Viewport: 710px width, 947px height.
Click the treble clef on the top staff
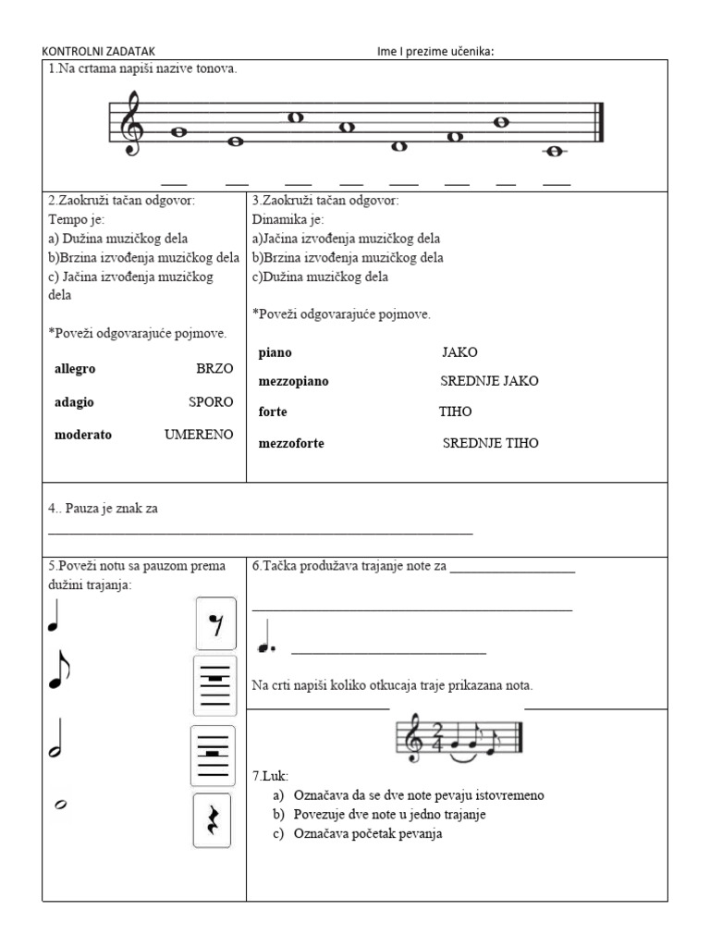pyautogui.click(x=134, y=123)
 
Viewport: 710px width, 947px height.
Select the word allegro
pyautogui.click(x=75, y=368)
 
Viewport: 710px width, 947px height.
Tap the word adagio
pyautogui.click(x=74, y=402)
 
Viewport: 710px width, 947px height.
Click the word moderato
pyautogui.click(x=83, y=435)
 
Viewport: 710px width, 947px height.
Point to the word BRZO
pyautogui.click(x=214, y=368)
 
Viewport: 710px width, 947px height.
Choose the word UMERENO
pyautogui.click(x=199, y=435)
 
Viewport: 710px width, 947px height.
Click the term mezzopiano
pyautogui.click(x=294, y=381)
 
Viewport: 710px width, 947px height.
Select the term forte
pyautogui.click(x=273, y=412)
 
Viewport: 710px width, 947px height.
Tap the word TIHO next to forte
pyautogui.click(x=455, y=412)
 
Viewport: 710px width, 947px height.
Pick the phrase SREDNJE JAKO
pyautogui.click(x=489, y=381)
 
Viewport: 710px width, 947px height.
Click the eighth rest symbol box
pyautogui.click(x=216, y=622)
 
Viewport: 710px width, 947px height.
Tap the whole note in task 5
pyautogui.click(x=59, y=806)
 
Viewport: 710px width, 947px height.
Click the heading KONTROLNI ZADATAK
pyautogui.click(x=104, y=51)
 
